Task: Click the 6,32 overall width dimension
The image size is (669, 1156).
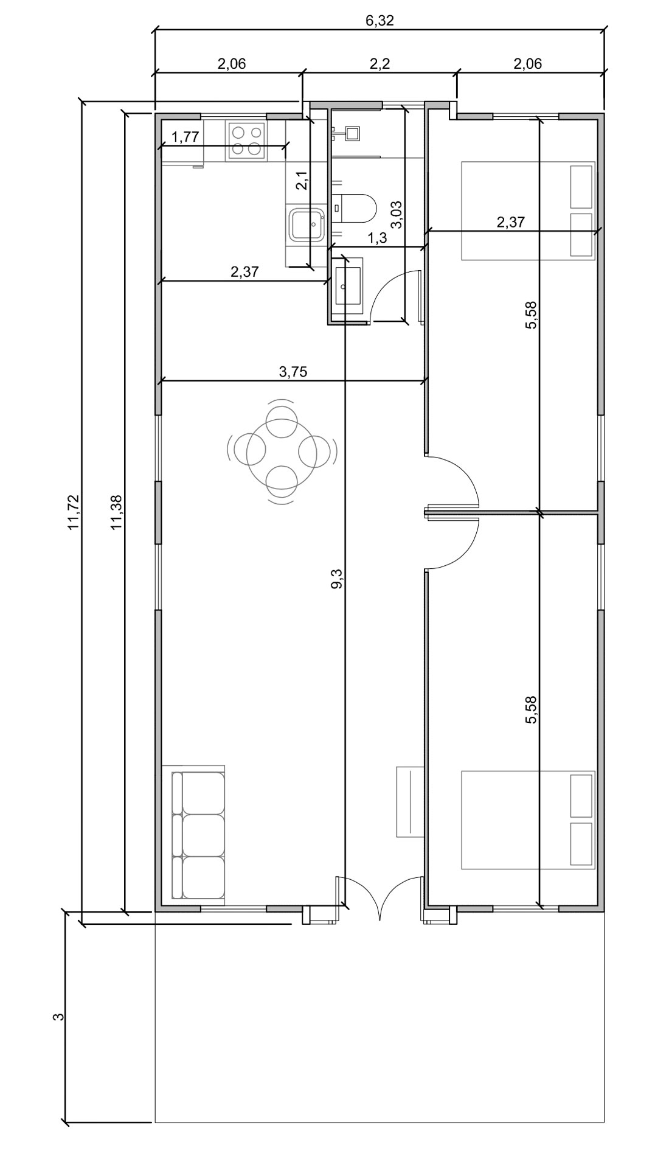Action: click(x=380, y=20)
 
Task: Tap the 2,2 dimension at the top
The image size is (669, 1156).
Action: click(x=380, y=63)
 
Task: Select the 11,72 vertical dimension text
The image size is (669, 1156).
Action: click(x=74, y=512)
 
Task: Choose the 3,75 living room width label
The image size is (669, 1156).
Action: click(x=293, y=372)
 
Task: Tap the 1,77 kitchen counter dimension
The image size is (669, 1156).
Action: click(x=185, y=137)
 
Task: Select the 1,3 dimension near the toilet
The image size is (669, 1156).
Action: click(x=378, y=238)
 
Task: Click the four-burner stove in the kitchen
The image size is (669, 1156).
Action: click(x=246, y=141)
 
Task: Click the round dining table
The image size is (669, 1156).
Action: click(x=282, y=451)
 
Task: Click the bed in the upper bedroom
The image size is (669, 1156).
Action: click(x=528, y=211)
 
